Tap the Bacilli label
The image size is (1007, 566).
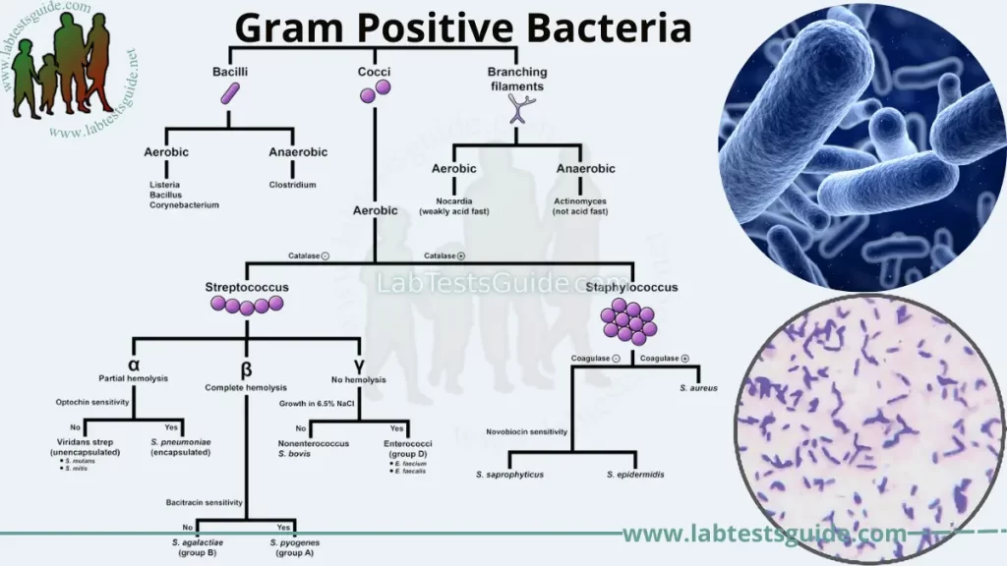(x=230, y=72)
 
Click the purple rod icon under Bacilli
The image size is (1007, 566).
(x=230, y=94)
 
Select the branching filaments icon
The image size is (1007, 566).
(x=516, y=109)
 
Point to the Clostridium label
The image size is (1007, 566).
(x=292, y=184)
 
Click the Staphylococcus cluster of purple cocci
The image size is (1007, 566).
(x=628, y=319)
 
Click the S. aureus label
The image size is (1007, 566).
(x=699, y=388)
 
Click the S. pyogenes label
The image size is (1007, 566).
(x=295, y=542)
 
